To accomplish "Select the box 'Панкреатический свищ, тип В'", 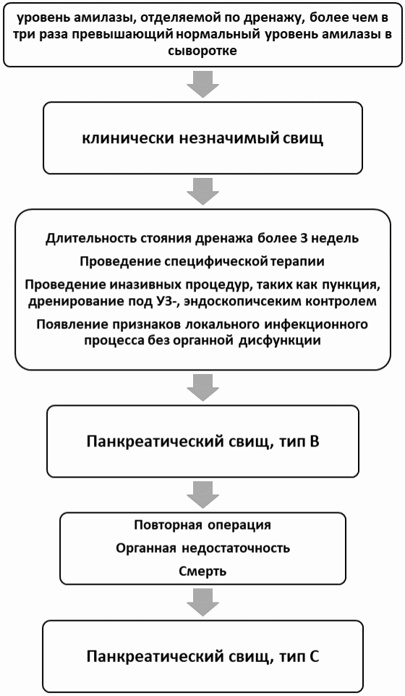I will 202,441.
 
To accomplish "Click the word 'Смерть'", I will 202,572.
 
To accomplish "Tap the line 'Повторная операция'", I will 202,524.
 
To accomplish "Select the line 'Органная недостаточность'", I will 202,548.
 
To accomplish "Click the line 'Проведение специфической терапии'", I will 202,260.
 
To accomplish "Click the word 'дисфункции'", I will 286,339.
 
